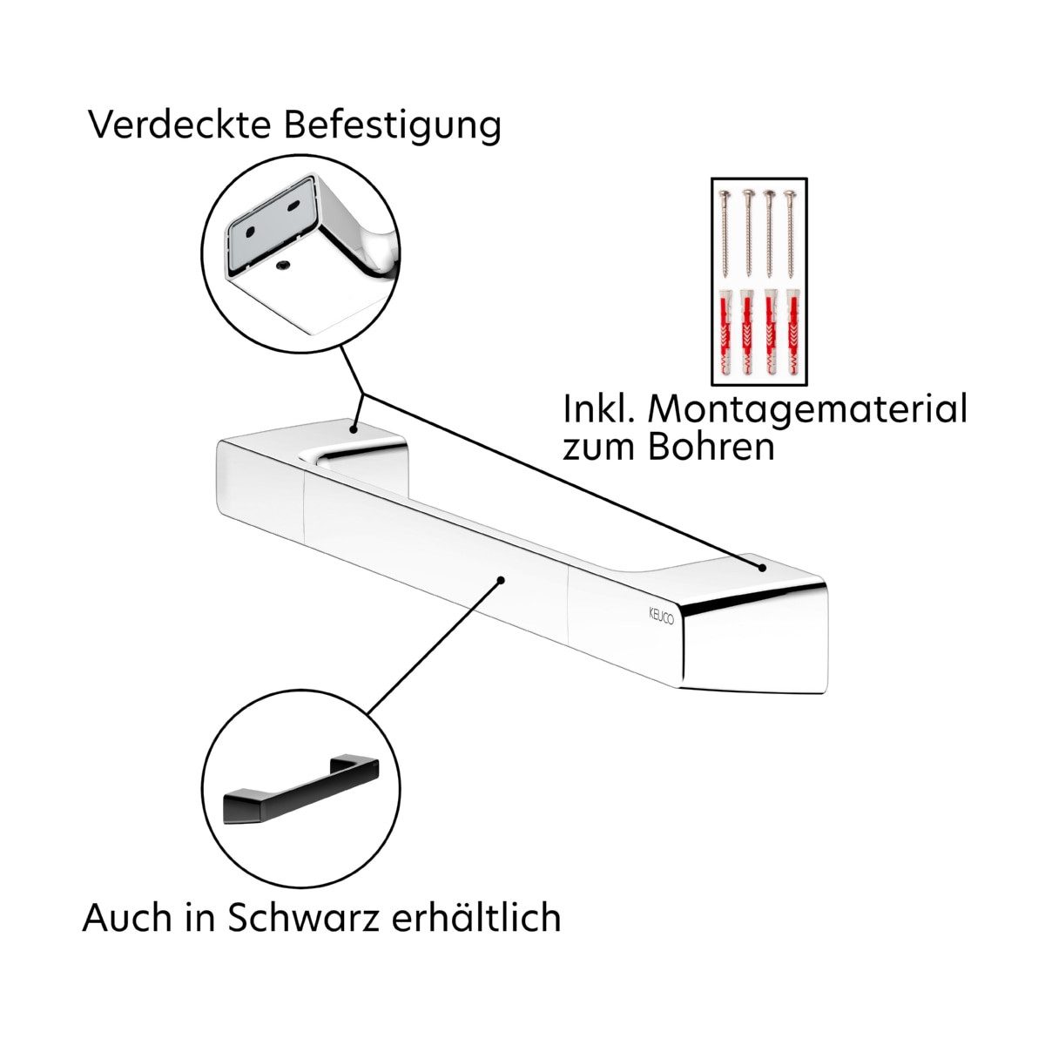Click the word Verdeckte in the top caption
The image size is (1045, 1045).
[x=179, y=125]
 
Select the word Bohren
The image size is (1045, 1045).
[x=710, y=448]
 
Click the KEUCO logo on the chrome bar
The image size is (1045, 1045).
[x=661, y=616]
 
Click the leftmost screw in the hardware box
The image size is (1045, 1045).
[x=725, y=234]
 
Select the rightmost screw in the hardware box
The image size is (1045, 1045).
[x=789, y=234]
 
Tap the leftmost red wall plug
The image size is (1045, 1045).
[x=725, y=333]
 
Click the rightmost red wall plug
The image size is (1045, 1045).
[x=790, y=333]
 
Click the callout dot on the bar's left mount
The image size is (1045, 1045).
[x=353, y=429]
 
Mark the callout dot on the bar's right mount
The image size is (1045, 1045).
[x=762, y=568]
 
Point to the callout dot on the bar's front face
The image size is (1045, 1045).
[x=501, y=580]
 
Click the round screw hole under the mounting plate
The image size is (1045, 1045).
[x=282, y=264]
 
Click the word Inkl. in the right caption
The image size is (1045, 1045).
[x=601, y=409]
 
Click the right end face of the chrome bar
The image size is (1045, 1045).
[x=754, y=645]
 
